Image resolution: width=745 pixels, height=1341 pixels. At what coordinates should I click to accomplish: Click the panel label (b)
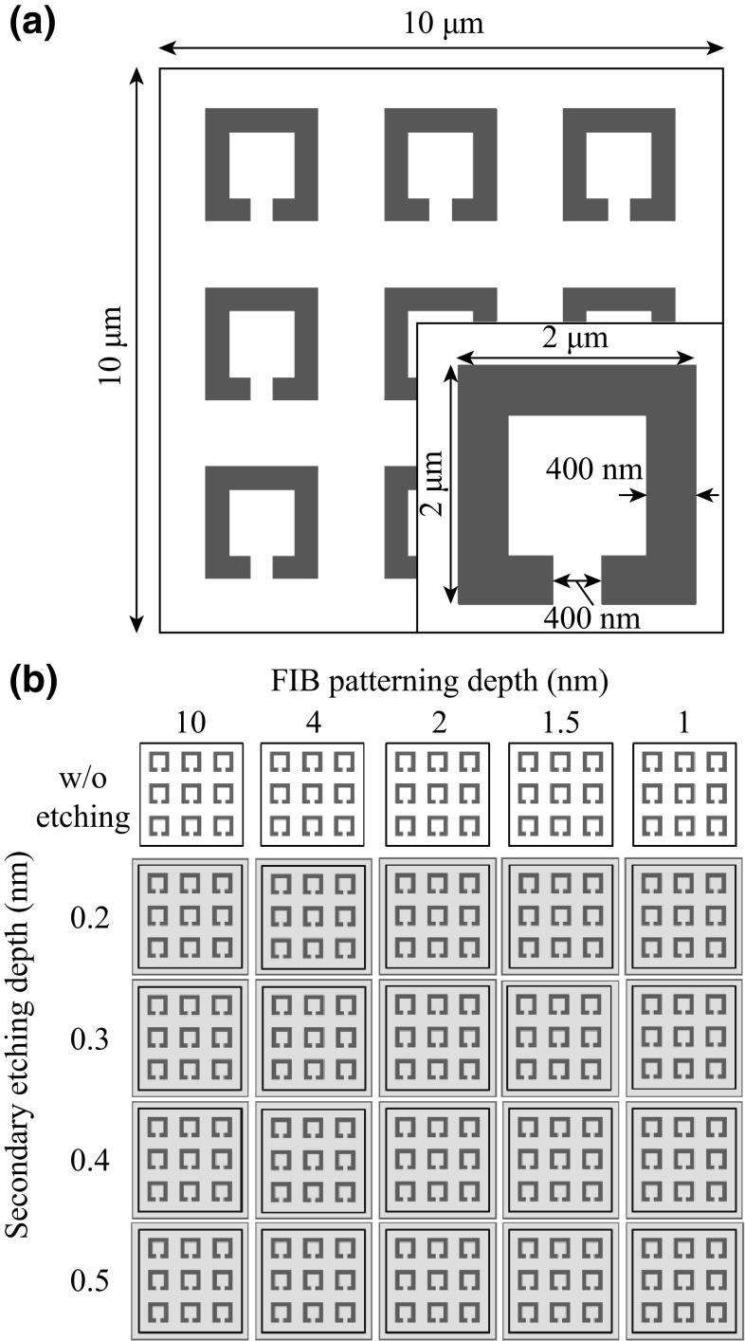coord(32,681)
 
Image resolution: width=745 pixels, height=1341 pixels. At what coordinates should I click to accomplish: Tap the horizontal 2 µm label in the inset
coord(576,338)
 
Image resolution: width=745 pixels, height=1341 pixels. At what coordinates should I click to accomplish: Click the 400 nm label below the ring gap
coord(591,619)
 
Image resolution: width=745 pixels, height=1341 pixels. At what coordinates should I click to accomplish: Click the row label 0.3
coord(90,1040)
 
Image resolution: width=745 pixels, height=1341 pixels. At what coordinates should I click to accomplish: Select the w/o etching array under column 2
coord(438,794)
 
